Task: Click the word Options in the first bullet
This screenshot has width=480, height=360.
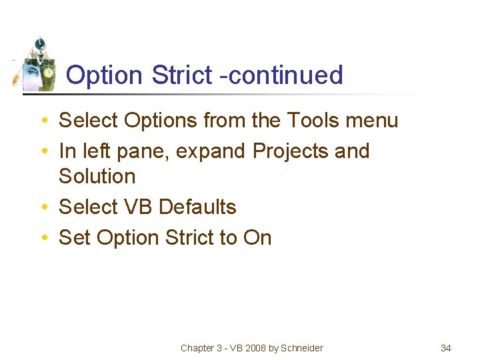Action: pyautogui.click(x=163, y=121)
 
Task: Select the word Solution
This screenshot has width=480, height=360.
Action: pyautogui.click(x=97, y=177)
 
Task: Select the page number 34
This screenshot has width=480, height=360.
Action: pyautogui.click(x=446, y=348)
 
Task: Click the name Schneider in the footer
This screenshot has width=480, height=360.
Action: pyautogui.click(x=302, y=348)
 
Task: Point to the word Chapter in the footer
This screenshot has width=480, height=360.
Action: pyautogui.click(x=197, y=348)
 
